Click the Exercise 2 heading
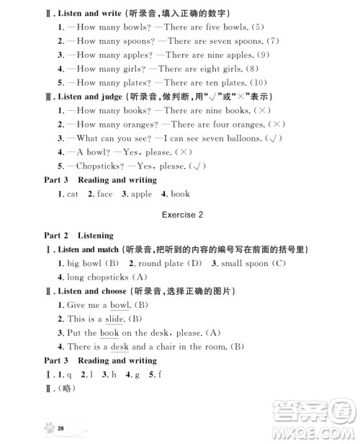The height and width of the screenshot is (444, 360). [181, 215]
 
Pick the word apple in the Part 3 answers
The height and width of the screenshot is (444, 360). [141, 194]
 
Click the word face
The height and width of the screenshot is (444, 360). [104, 194]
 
